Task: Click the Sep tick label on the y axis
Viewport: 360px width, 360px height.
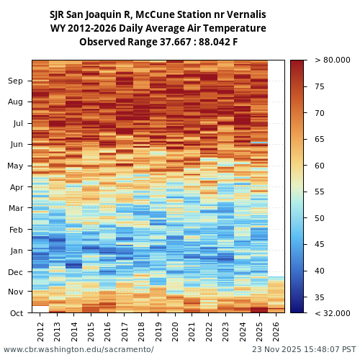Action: point(15,81)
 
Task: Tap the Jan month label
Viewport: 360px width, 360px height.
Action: point(15,251)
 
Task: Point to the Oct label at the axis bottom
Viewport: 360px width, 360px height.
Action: point(15,313)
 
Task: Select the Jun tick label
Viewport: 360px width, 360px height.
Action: point(15,144)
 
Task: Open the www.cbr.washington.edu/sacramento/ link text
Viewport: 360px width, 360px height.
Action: point(78,350)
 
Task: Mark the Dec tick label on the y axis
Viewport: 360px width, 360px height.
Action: point(15,271)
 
